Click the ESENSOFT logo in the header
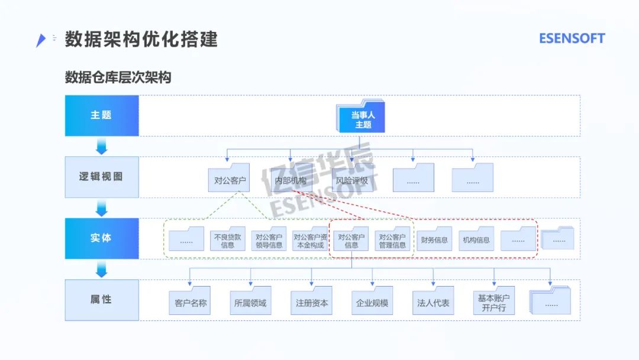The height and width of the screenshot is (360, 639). pyautogui.click(x=572, y=38)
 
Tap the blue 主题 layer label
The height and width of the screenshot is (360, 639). pyautogui.click(x=101, y=115)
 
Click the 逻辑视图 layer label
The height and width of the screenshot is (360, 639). pyautogui.click(x=101, y=177)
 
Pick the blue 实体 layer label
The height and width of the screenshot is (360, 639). pyautogui.click(x=101, y=238)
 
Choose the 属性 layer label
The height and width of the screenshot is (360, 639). pyautogui.click(x=101, y=300)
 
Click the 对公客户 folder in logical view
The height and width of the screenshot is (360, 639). pyautogui.click(x=230, y=178)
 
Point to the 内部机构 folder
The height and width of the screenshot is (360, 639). pyautogui.click(x=291, y=178)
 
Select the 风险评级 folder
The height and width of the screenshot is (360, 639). pyautogui.click(x=352, y=178)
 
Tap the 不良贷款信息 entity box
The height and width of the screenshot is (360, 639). pyautogui.click(x=228, y=239)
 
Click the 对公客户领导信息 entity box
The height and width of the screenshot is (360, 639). pyautogui.click(x=269, y=239)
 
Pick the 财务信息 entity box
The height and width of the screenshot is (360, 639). pyautogui.click(x=434, y=239)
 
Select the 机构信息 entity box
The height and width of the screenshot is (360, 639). pyautogui.click(x=476, y=239)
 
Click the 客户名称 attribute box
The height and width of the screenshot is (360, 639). pyautogui.click(x=190, y=301)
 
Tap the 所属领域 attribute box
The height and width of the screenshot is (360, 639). pyautogui.click(x=251, y=301)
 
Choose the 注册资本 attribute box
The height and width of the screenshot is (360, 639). pyautogui.click(x=312, y=301)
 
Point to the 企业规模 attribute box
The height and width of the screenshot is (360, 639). pyautogui.click(x=372, y=301)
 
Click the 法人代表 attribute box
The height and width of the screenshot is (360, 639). pyautogui.click(x=433, y=301)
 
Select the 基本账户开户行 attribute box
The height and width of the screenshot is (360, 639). pyautogui.click(x=494, y=301)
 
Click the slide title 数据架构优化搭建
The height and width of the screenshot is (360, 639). pyautogui.click(x=141, y=39)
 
